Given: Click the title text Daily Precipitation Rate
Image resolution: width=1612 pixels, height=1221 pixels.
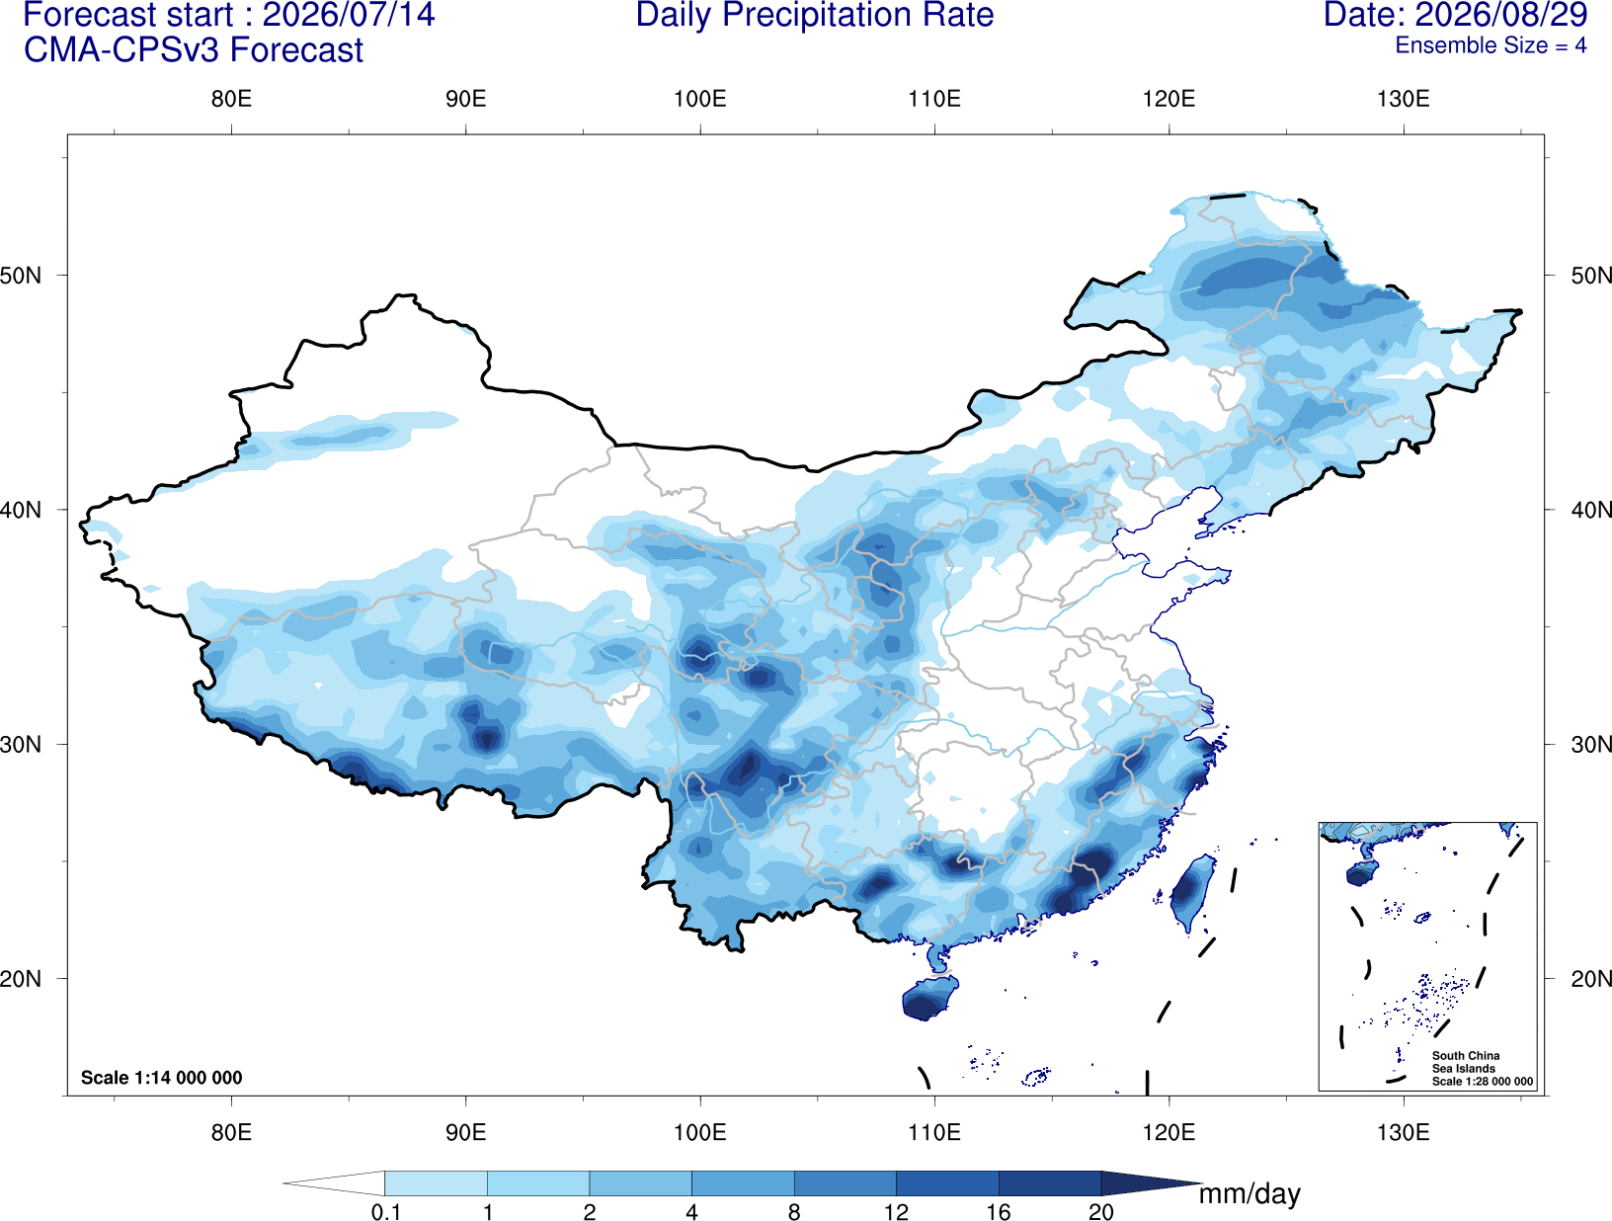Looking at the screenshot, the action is [815, 15].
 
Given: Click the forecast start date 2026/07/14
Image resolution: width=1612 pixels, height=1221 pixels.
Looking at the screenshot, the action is [349, 15].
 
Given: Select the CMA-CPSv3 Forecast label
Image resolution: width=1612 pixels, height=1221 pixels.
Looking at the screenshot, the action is [194, 50].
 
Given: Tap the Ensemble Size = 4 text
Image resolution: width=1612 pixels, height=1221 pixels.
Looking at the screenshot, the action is [1491, 45].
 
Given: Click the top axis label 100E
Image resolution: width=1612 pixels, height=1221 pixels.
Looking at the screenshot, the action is [700, 99].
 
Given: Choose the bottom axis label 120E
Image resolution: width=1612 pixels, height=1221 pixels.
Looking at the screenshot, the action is [1169, 1132].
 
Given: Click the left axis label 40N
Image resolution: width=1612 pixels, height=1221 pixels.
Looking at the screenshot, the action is [21, 510].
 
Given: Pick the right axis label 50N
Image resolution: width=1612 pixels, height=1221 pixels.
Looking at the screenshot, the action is [1590, 276].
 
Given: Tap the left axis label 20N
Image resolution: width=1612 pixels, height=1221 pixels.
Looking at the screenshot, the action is [21, 979].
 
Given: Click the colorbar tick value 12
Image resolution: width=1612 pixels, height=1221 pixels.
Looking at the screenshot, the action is [896, 1212].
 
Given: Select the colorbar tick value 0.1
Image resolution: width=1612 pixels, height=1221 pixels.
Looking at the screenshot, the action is [385, 1212].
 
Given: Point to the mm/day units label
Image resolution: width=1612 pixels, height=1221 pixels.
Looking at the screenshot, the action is [1249, 1194].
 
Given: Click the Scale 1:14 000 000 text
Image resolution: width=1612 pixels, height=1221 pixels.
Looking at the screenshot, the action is [162, 1078].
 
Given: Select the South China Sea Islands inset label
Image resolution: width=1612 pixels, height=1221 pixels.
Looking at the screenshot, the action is [1466, 1062].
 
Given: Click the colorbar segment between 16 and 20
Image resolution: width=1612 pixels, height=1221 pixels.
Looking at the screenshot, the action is [1050, 1183].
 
